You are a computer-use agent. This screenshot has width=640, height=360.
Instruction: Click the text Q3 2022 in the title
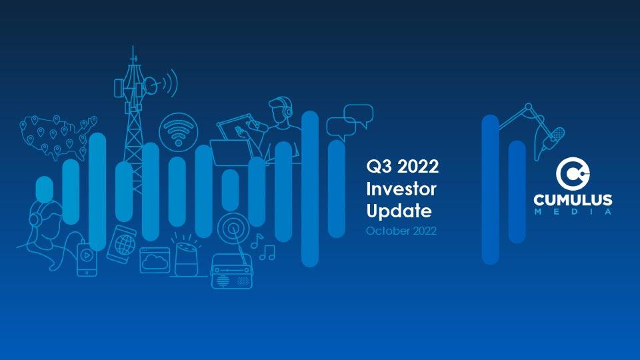pyautogui.click(x=403, y=167)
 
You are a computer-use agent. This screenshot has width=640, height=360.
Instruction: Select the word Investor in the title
pyautogui.click(x=401, y=189)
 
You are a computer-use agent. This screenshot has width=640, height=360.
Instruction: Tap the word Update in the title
pyautogui.click(x=399, y=211)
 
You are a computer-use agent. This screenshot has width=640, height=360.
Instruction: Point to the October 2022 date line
pyautogui.click(x=401, y=231)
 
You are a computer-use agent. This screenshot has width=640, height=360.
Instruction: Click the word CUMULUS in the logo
pyautogui.click(x=573, y=200)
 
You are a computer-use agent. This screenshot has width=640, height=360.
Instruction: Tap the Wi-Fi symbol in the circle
pyautogui.click(x=179, y=132)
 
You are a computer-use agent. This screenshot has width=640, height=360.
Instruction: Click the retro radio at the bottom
pyautogui.click(x=231, y=271)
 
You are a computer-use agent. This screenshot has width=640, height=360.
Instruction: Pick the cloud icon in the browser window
pyautogui.click(x=155, y=261)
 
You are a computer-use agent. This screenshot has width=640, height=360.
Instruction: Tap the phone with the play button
pyautogui.click(x=87, y=259)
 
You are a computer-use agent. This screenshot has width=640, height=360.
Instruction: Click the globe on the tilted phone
pyautogui.click(x=125, y=244)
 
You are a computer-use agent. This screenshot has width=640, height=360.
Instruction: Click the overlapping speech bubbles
pyautogui.click(x=350, y=121)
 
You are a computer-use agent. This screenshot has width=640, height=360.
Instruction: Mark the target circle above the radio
pyautogui.click(x=233, y=229)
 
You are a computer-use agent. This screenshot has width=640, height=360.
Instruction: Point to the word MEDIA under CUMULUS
pyautogui.click(x=573, y=211)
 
